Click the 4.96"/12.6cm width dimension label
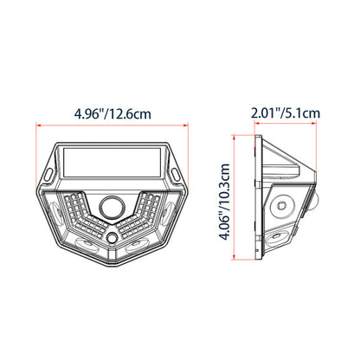point(112,114)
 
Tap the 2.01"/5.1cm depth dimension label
point(286,112)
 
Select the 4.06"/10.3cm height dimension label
point(224,202)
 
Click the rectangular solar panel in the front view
point(112,163)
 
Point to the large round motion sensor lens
point(112,207)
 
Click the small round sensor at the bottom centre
point(112,238)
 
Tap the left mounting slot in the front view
point(49,175)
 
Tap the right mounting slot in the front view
point(175,175)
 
